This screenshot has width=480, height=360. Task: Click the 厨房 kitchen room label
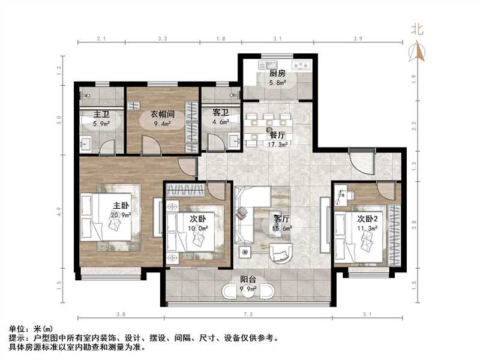tap(277, 73)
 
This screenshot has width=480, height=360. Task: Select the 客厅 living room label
tap(282, 219)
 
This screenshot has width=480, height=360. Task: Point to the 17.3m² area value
tap(277, 144)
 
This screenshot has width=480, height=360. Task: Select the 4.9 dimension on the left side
tap(59, 211)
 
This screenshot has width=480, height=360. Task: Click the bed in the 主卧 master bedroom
tap(111, 216)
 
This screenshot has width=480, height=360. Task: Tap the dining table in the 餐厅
tap(269, 126)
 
